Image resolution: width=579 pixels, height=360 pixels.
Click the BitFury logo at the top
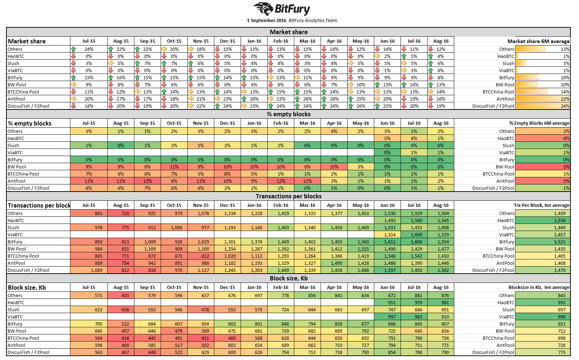click(x=282, y=9)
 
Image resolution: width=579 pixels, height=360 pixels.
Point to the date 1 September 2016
click(x=266, y=21)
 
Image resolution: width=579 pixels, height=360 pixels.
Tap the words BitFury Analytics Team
click(x=313, y=21)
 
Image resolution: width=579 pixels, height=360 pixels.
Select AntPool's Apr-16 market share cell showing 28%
click(x=334, y=99)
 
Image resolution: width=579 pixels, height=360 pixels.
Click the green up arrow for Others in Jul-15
click(x=74, y=49)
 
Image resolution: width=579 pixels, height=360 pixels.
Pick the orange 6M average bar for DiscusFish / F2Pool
click(x=542, y=106)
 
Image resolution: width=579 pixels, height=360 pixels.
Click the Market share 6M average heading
click(x=538, y=41)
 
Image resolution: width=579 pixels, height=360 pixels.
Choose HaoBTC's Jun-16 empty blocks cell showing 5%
click(x=387, y=139)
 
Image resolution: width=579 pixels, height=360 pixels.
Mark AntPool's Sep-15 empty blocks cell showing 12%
click(x=148, y=181)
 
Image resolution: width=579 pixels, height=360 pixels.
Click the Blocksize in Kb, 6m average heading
click(x=539, y=288)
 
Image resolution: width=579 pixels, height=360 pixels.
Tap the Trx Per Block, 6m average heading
click(x=541, y=205)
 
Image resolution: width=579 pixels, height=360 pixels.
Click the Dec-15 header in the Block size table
click(x=227, y=288)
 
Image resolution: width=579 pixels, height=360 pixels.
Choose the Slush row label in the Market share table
click(x=14, y=64)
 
